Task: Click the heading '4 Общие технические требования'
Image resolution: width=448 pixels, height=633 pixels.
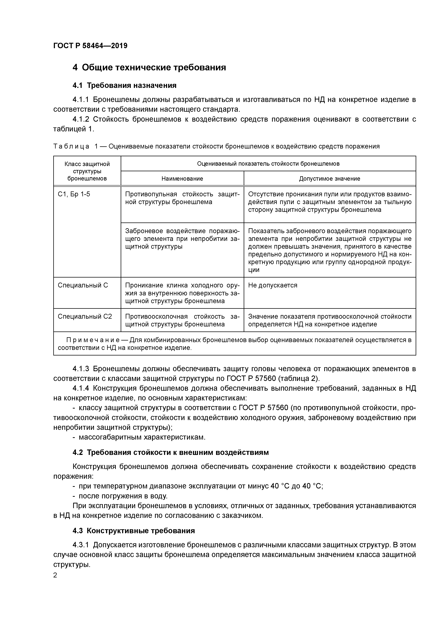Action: point(149,67)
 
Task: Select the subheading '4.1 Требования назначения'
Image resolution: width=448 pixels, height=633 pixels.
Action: point(124,86)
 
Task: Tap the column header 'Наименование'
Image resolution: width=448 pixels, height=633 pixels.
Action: point(182,179)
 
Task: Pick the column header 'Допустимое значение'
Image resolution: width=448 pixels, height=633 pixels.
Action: point(329,179)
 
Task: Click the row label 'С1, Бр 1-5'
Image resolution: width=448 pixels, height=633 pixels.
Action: point(74,194)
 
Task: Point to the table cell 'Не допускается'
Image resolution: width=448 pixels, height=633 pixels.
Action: point(273,285)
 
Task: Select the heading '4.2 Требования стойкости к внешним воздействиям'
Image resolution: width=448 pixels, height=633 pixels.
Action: point(170,452)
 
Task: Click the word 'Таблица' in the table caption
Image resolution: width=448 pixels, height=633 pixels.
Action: point(71,146)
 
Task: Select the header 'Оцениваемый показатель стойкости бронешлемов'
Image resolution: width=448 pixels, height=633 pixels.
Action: point(268,164)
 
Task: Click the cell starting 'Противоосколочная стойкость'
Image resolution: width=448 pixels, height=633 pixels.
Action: point(182,320)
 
